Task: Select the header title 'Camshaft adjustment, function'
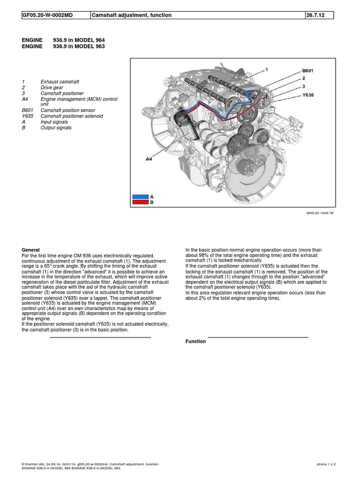(132, 15)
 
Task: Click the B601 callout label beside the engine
(307, 71)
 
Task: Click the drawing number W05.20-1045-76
(320, 213)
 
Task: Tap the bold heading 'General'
(31, 250)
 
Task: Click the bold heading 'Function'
(195, 341)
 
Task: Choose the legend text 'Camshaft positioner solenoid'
(72, 116)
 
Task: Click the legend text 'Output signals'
(56, 127)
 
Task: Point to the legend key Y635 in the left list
(28, 116)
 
